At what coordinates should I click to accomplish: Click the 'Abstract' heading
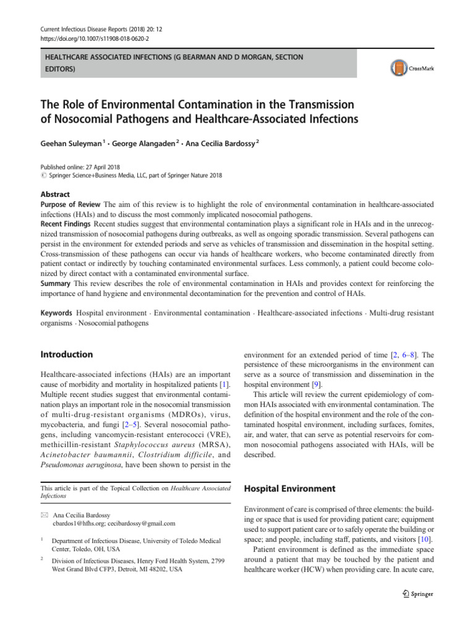[x=55, y=194]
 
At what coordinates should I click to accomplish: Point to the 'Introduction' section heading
[x=66, y=355]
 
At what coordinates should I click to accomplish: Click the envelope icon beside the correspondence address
[x=44, y=515]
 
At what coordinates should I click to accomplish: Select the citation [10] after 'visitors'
[x=427, y=532]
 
